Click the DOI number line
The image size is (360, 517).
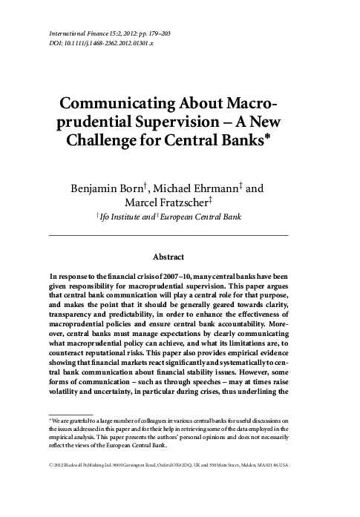tap(101, 44)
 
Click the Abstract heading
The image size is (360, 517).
tap(168, 257)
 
